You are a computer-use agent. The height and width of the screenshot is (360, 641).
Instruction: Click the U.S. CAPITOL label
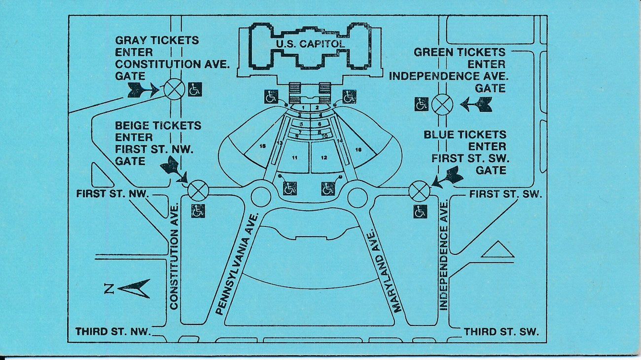tap(310, 44)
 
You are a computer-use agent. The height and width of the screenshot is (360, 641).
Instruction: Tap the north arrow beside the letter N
tap(135, 288)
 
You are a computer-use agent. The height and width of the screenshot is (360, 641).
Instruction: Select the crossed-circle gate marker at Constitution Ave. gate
tap(174, 89)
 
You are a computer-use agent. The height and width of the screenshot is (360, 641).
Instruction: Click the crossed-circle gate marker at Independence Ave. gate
tap(442, 104)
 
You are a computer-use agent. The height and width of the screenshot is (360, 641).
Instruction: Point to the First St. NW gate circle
tap(198, 190)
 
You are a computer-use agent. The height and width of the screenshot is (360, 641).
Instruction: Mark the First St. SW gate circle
tap(419, 191)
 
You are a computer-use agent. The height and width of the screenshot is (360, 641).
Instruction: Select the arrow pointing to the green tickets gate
tap(476, 104)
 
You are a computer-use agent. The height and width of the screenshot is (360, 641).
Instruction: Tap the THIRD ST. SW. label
tap(501, 332)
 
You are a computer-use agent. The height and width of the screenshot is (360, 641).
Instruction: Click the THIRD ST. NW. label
tap(113, 331)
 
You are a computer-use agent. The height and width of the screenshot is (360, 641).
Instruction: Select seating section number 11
tap(294, 158)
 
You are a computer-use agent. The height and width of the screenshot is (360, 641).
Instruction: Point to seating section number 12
tap(324, 158)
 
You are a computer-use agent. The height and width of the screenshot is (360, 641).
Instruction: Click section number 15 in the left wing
tap(263, 146)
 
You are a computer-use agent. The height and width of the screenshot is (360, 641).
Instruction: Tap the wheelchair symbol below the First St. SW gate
tap(420, 212)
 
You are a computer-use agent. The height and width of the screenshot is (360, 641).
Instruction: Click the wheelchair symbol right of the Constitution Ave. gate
tap(195, 89)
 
